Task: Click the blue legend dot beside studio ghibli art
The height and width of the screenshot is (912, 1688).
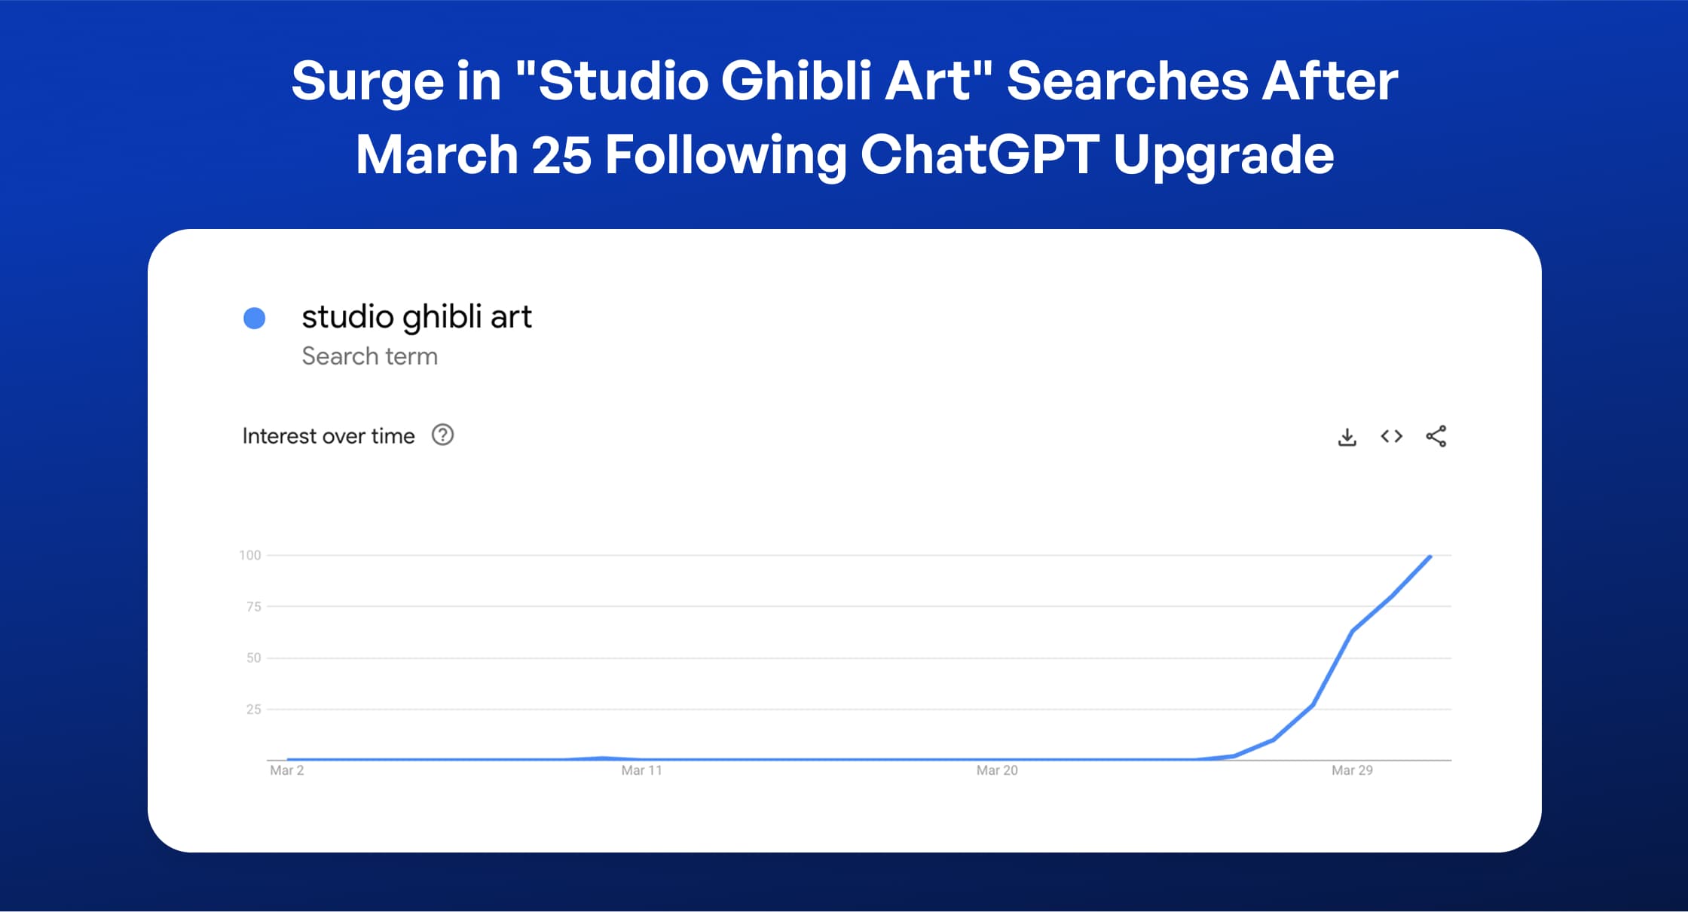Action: click(255, 319)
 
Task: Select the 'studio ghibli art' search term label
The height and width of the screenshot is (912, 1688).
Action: click(417, 317)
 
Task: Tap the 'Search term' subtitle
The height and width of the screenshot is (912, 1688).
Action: click(369, 356)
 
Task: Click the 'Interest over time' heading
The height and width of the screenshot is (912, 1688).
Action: click(329, 436)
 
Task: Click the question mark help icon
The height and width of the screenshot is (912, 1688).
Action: click(442, 435)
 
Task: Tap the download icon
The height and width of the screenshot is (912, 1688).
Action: click(1347, 437)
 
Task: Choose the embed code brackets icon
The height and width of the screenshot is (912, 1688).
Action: click(1391, 436)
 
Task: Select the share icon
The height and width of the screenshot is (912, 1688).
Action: click(1436, 436)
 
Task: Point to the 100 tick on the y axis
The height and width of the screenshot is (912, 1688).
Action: click(250, 555)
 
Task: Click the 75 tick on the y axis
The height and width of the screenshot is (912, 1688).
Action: click(254, 606)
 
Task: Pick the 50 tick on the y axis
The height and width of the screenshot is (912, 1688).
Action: click(254, 657)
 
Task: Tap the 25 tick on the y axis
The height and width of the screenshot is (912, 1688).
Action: click(254, 709)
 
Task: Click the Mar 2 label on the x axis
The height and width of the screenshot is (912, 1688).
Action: click(287, 770)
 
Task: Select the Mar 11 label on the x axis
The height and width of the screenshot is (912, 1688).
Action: click(641, 770)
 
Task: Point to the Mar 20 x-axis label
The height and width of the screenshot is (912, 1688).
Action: click(997, 770)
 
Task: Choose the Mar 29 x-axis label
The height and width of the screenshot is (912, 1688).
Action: click(1352, 770)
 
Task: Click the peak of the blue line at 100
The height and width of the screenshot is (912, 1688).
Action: click(1430, 557)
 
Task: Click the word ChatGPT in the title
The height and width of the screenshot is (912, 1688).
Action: click(980, 154)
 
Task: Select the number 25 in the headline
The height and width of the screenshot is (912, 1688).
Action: click(561, 154)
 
